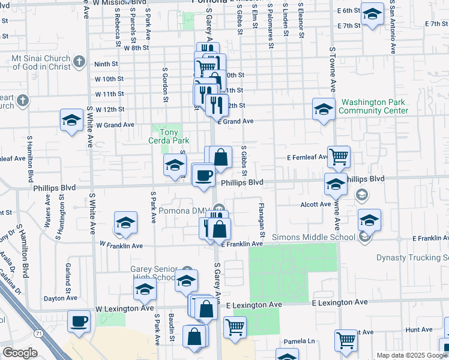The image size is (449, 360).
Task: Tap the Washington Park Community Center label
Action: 373,106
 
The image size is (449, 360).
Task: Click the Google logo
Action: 20,353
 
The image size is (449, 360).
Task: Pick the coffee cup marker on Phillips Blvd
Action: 203,175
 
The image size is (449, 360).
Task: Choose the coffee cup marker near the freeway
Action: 79,321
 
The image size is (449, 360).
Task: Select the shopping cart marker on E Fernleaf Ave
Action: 339,157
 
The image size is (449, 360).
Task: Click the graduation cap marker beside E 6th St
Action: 372,14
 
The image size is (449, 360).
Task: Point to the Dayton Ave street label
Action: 61,298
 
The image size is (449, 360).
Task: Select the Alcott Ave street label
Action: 316,204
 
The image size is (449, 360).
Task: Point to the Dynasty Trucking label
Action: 412,258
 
